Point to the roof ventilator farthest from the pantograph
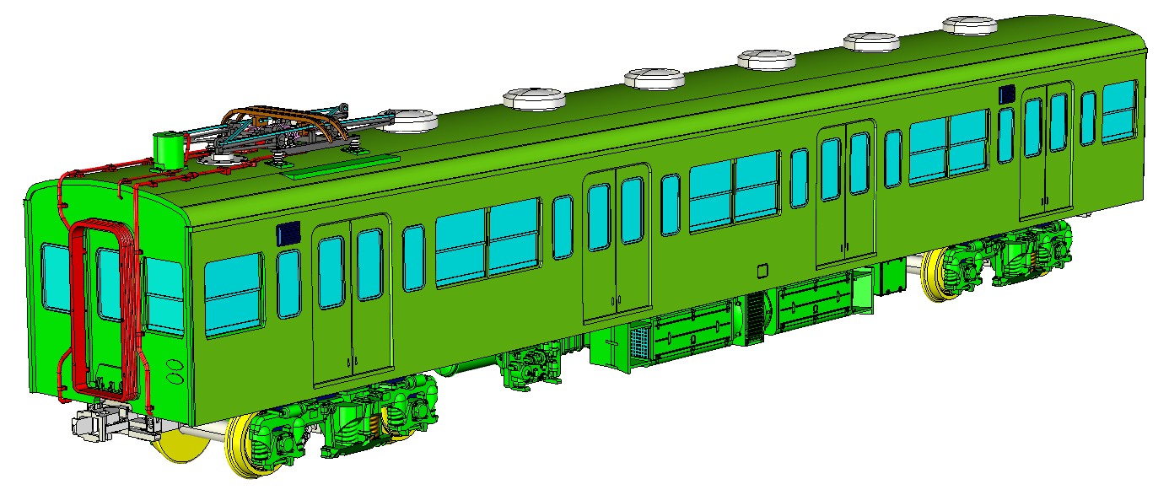pos(970,25)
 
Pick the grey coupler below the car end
pos(101,422)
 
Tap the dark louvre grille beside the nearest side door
pos(288,234)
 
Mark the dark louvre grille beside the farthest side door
pos(1006,94)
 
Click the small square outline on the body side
pos(762,271)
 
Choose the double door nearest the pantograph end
pos(352,300)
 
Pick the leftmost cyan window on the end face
pos(55,278)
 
